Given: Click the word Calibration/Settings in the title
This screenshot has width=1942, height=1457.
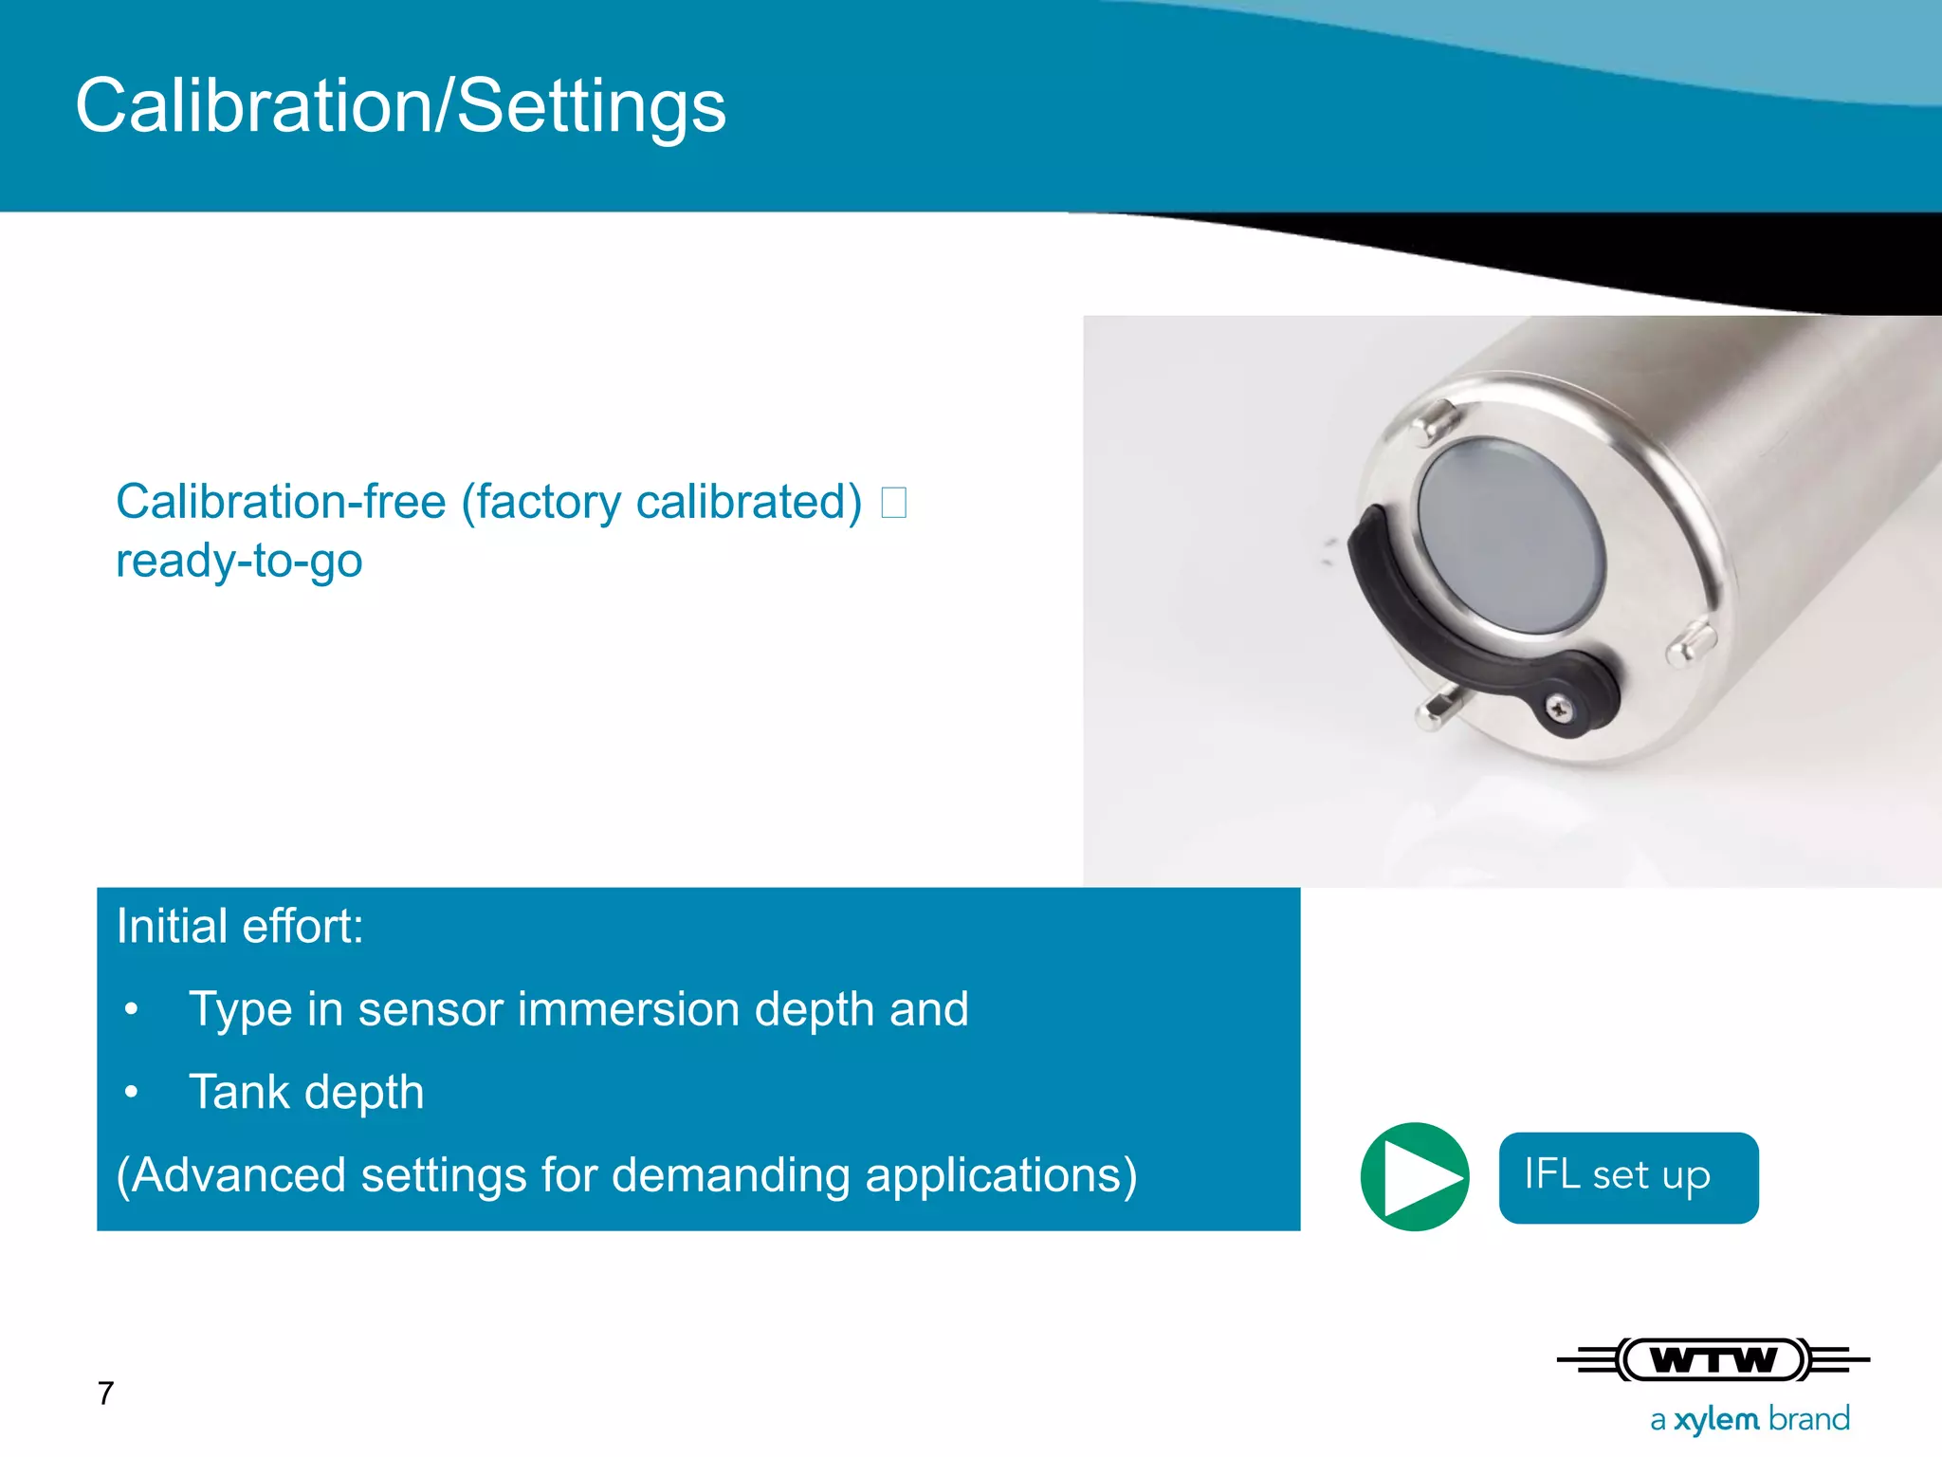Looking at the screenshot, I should (400, 106).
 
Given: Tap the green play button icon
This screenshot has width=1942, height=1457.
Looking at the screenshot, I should (1414, 1176).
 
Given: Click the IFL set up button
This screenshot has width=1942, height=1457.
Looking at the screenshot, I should (1627, 1177).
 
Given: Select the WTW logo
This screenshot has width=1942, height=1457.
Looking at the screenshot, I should (1713, 1360).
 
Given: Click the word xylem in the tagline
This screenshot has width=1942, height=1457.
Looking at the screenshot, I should (1715, 1419).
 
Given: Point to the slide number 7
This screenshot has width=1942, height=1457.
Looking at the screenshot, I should (105, 1392).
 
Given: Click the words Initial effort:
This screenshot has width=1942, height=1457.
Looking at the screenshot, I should (240, 926).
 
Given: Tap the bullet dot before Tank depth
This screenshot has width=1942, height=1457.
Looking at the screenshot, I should (132, 1093).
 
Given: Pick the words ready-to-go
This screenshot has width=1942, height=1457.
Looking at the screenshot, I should (239, 561).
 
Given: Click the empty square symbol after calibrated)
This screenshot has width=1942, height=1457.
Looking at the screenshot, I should (893, 503).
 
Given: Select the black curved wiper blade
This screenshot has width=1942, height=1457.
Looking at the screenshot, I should (1403, 607).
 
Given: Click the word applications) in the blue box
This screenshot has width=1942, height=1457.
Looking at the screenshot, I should (1000, 1175).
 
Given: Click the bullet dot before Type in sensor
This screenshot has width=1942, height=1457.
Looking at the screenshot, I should (132, 1010).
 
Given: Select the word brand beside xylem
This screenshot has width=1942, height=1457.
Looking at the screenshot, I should (1809, 1419).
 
